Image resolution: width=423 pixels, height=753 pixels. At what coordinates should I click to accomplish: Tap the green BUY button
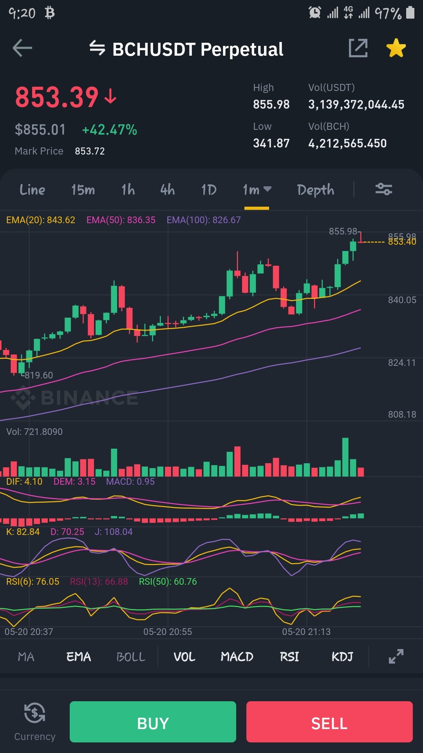point(153,722)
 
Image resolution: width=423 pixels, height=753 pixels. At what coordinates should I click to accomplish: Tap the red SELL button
point(329,722)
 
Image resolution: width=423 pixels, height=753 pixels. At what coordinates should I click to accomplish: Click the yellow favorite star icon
point(396,48)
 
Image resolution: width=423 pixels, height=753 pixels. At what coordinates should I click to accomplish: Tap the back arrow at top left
point(22,48)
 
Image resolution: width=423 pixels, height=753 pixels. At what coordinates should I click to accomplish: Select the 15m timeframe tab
point(83,190)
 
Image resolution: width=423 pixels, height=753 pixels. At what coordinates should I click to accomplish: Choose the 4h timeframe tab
point(167,190)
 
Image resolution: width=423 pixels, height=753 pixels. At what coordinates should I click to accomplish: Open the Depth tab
point(316,190)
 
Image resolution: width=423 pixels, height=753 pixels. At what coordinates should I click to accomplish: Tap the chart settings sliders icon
point(384,189)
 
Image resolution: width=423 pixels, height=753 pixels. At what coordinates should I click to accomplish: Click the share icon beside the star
point(358,48)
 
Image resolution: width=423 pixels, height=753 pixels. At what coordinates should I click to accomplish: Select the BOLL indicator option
point(131,657)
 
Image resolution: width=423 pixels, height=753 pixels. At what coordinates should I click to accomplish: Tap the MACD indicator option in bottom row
point(237,657)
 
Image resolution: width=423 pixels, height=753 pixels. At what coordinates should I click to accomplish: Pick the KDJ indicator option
point(342,657)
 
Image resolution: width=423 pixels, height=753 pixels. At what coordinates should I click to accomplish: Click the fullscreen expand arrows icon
point(396,657)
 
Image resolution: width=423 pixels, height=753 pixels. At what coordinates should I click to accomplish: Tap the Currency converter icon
point(34,713)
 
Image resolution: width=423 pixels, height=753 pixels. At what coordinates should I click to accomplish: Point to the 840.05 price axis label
point(402,300)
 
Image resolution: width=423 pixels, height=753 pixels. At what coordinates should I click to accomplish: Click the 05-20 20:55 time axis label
point(168,632)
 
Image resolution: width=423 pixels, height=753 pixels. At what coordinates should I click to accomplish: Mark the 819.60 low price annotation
point(39,375)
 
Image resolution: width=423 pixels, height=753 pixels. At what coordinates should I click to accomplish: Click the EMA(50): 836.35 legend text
point(121,220)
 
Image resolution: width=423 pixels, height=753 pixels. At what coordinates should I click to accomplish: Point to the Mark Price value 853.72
point(90,151)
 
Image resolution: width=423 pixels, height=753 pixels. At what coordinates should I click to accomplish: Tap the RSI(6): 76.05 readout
point(33,582)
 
